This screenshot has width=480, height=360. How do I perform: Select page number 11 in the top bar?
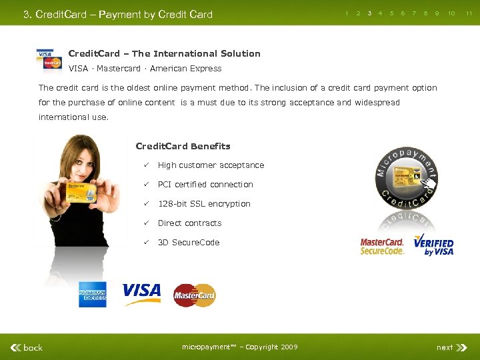point(469,13)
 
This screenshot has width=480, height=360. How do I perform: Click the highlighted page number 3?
point(369,13)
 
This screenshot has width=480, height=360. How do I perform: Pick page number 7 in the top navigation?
point(414,13)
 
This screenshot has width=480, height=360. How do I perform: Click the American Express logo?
point(92,295)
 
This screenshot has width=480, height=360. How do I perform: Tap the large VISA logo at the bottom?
point(141,293)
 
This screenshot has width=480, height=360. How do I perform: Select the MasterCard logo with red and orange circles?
point(195,295)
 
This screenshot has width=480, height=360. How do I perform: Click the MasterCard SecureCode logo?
point(382,247)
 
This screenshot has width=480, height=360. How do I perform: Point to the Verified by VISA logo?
point(433,245)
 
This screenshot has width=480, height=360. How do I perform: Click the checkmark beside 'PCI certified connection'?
point(143,185)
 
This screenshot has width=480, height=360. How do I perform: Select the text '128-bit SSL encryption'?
point(204,204)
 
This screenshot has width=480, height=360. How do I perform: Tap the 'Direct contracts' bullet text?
point(189,223)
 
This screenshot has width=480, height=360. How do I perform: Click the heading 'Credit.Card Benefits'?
point(183,147)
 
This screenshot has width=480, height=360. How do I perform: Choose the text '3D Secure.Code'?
point(189,243)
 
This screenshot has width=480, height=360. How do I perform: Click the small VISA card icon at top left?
point(45,53)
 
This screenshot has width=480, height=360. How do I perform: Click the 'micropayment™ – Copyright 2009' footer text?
point(240,347)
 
